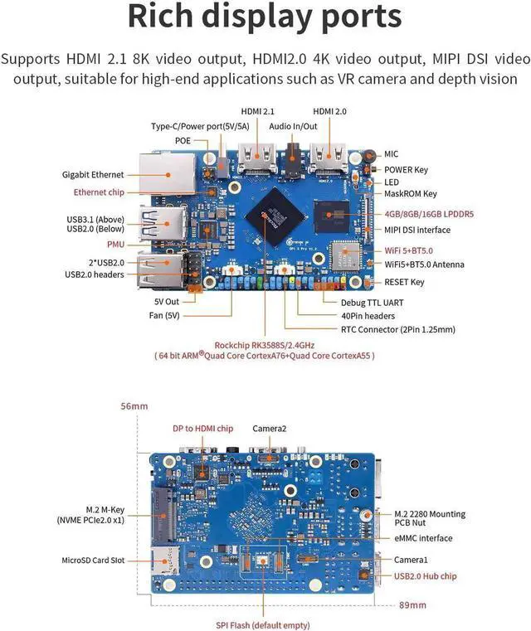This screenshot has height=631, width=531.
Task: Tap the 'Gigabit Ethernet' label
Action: [93, 175]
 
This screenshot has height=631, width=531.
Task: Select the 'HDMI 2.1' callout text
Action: [258, 111]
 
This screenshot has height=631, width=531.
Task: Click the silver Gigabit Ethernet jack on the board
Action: [167, 173]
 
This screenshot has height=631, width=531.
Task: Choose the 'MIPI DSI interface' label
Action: [417, 230]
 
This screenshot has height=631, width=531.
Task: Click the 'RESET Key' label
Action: [404, 282]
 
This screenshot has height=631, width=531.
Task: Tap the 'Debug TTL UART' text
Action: [372, 303]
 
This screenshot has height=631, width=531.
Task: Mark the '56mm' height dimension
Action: [134, 406]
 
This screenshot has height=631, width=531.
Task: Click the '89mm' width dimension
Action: [412, 604]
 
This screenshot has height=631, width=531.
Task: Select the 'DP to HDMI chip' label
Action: [203, 429]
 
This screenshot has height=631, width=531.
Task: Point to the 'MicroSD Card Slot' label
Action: [93, 561]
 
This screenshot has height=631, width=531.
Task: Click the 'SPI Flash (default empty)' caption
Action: [263, 625]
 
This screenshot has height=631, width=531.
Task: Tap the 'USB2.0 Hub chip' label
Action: [425, 576]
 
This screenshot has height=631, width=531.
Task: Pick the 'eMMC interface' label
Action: [423, 538]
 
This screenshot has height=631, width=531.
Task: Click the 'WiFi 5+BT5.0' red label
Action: [408, 250]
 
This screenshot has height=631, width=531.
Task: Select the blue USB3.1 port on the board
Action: [163, 222]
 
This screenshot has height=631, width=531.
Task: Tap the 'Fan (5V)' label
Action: [164, 315]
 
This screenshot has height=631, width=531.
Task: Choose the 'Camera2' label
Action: [270, 429]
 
